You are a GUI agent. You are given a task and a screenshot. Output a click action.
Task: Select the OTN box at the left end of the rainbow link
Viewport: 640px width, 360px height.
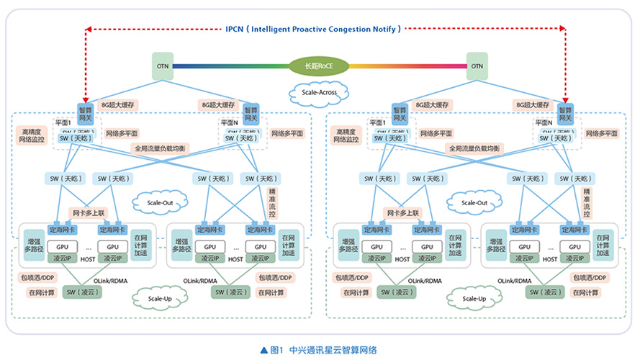163,66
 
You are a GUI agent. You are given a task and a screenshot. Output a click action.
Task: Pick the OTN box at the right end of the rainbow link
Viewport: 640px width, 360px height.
477,66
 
